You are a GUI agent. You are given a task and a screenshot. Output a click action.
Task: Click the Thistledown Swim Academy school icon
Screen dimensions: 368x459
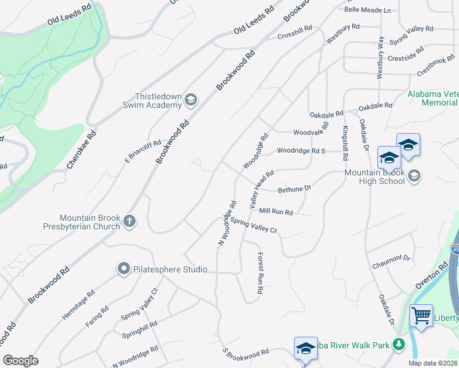pos(191,99)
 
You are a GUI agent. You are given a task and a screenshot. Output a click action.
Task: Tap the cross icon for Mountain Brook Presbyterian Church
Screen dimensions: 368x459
pos(129,221)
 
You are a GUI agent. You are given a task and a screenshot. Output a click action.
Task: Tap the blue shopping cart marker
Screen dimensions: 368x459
pos(421,316)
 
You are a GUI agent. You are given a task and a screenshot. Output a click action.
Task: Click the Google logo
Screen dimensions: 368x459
pos(20,361)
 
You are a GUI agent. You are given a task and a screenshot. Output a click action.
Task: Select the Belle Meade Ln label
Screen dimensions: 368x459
pos(368,10)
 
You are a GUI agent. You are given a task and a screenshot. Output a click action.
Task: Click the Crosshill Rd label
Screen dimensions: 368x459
pos(295,30)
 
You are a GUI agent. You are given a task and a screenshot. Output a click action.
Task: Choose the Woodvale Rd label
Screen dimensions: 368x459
pos(308,132)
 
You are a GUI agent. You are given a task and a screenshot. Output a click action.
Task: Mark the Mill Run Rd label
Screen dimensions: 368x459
pos(276,212)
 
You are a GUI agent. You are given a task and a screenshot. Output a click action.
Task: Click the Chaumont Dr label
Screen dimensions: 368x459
pos(390,262)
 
